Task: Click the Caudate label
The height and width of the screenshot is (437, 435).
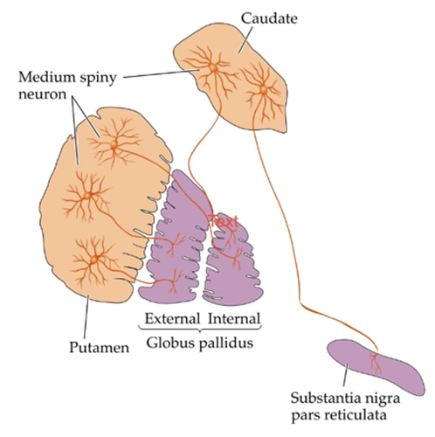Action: (269, 18)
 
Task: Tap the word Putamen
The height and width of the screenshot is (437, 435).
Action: (99, 347)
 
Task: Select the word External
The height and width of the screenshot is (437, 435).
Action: (172, 318)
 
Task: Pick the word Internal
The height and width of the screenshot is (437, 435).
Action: (234, 318)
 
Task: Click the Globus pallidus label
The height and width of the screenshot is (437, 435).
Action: (200, 343)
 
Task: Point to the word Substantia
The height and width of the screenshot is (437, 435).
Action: (322, 398)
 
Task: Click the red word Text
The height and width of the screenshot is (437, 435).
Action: (224, 221)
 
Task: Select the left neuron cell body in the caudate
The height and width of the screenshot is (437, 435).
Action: (213, 68)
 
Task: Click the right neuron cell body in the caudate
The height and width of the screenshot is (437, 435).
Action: (263, 90)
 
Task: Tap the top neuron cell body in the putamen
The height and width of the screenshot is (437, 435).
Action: (114, 144)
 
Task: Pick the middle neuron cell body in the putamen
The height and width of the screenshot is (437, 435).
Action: (87, 195)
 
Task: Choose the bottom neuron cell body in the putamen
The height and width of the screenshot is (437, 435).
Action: (93, 259)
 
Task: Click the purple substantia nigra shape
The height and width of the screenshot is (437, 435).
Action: (376, 367)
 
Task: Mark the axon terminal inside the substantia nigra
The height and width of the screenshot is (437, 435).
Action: (376, 363)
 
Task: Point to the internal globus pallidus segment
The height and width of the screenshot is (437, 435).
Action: (233, 262)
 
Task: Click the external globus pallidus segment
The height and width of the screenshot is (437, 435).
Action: (175, 239)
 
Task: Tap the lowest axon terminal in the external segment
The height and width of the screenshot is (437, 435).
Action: (172, 282)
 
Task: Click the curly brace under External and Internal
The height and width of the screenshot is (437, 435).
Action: (200, 329)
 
